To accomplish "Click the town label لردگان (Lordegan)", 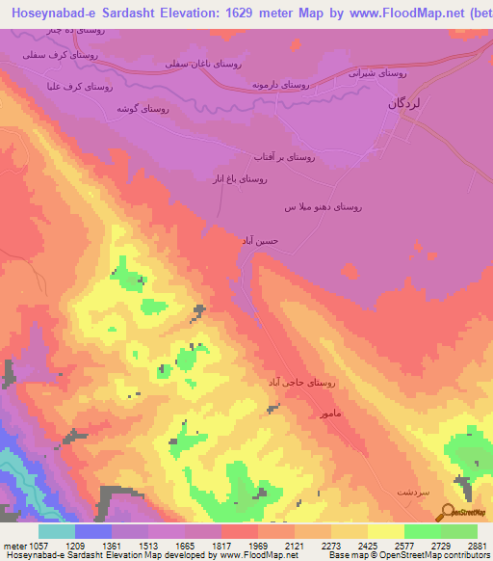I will click(x=405, y=101).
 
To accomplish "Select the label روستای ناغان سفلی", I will click(x=204, y=64).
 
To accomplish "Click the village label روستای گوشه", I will click(x=142, y=109).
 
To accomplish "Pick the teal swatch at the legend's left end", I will click(x=57, y=531).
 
